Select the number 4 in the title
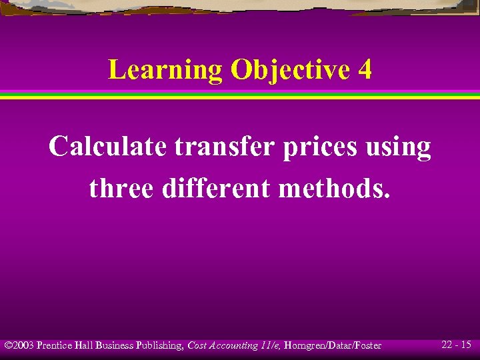click(x=365, y=69)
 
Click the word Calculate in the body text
click(x=107, y=147)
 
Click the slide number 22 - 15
click(x=456, y=345)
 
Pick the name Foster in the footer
click(x=367, y=345)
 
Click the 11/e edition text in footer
click(x=269, y=345)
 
